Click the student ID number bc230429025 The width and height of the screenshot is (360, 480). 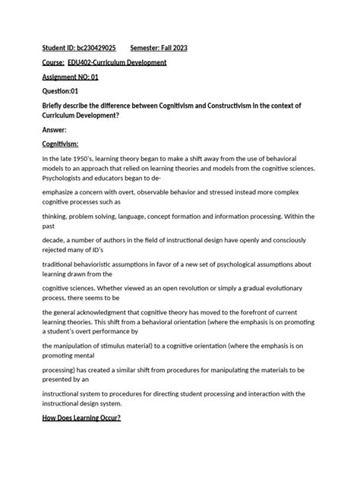[x=94, y=48]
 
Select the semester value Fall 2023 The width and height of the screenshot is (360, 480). [x=172, y=48]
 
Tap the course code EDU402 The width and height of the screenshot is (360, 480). [x=80, y=62]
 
